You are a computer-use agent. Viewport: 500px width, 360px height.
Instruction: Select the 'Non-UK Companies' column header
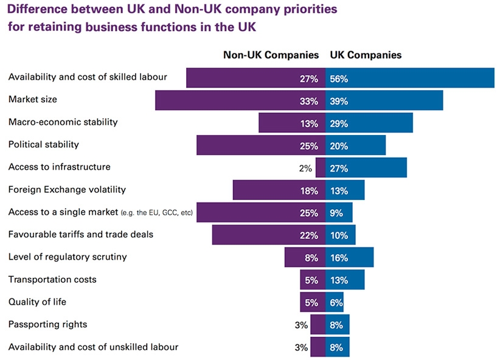(x=271, y=55)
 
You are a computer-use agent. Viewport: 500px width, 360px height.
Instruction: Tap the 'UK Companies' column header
(x=366, y=55)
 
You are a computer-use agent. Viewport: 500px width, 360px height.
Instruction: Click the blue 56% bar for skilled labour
(x=411, y=78)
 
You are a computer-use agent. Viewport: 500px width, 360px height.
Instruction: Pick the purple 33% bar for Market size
(x=240, y=100)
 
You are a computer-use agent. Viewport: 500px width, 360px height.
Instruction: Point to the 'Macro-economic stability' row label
(x=63, y=122)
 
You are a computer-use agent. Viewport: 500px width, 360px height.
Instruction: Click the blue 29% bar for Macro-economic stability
(x=369, y=123)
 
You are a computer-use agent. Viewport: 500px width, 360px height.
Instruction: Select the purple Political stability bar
(x=261, y=145)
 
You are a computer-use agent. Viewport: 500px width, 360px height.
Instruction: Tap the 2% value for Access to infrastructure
(x=305, y=168)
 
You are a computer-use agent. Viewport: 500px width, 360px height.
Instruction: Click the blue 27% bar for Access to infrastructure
(x=366, y=167)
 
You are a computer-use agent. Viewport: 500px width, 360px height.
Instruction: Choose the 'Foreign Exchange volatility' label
(x=67, y=189)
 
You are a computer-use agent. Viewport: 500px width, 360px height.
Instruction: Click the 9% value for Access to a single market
(x=336, y=213)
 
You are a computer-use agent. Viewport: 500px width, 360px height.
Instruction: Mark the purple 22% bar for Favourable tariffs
(x=268, y=235)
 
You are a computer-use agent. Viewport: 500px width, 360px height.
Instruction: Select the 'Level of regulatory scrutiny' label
(x=68, y=257)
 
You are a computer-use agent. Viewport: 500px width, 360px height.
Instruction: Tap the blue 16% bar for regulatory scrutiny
(x=350, y=257)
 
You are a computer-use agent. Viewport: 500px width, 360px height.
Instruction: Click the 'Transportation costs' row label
(x=52, y=280)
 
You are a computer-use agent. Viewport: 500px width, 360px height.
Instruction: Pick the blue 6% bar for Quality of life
(x=335, y=302)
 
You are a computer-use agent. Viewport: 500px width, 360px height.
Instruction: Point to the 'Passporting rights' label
(x=47, y=325)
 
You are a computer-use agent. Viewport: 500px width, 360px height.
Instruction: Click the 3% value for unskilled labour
(x=301, y=347)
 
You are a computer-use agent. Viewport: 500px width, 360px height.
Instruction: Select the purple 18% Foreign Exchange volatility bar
(x=279, y=190)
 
